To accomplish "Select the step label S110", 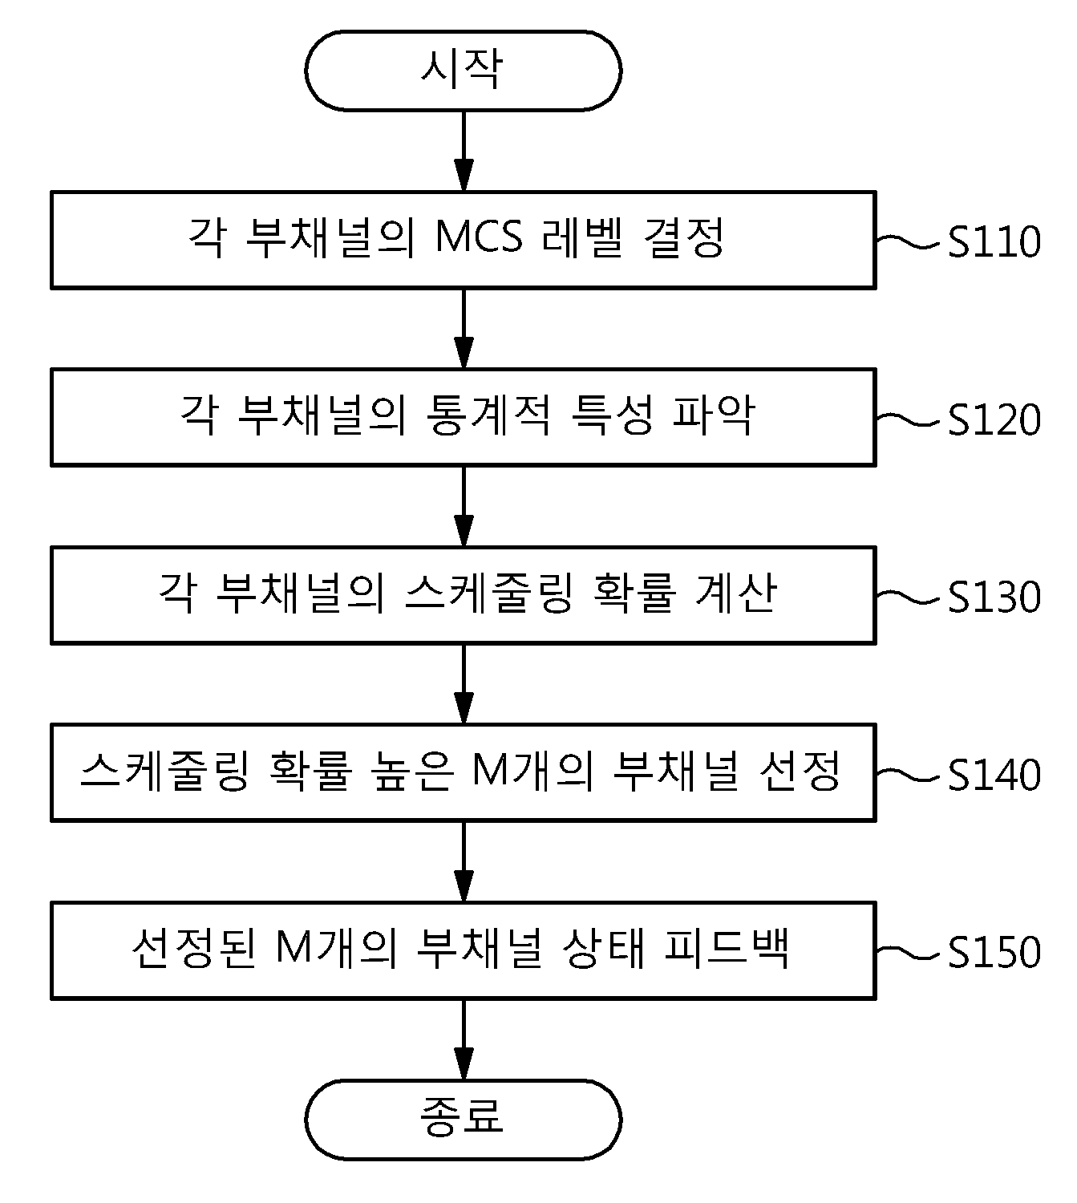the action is (x=994, y=241).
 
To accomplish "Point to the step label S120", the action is (x=994, y=419).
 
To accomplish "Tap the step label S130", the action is (x=994, y=597).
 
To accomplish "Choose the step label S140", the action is (x=994, y=775).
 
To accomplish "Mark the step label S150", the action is (x=994, y=953).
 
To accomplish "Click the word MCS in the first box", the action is (x=479, y=237).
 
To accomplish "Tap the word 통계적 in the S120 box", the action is (x=488, y=415).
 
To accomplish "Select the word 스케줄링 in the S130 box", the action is (x=489, y=592).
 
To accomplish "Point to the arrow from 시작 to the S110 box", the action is (x=463, y=151).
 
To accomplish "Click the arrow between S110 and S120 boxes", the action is (x=463, y=329).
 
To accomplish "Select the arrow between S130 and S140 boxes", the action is (x=463, y=684).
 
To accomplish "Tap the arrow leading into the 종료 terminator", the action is (x=463, y=1039).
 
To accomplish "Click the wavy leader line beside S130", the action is (x=908, y=597).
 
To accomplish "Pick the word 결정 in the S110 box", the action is (x=684, y=237).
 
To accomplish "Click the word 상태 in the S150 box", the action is (x=602, y=948).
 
